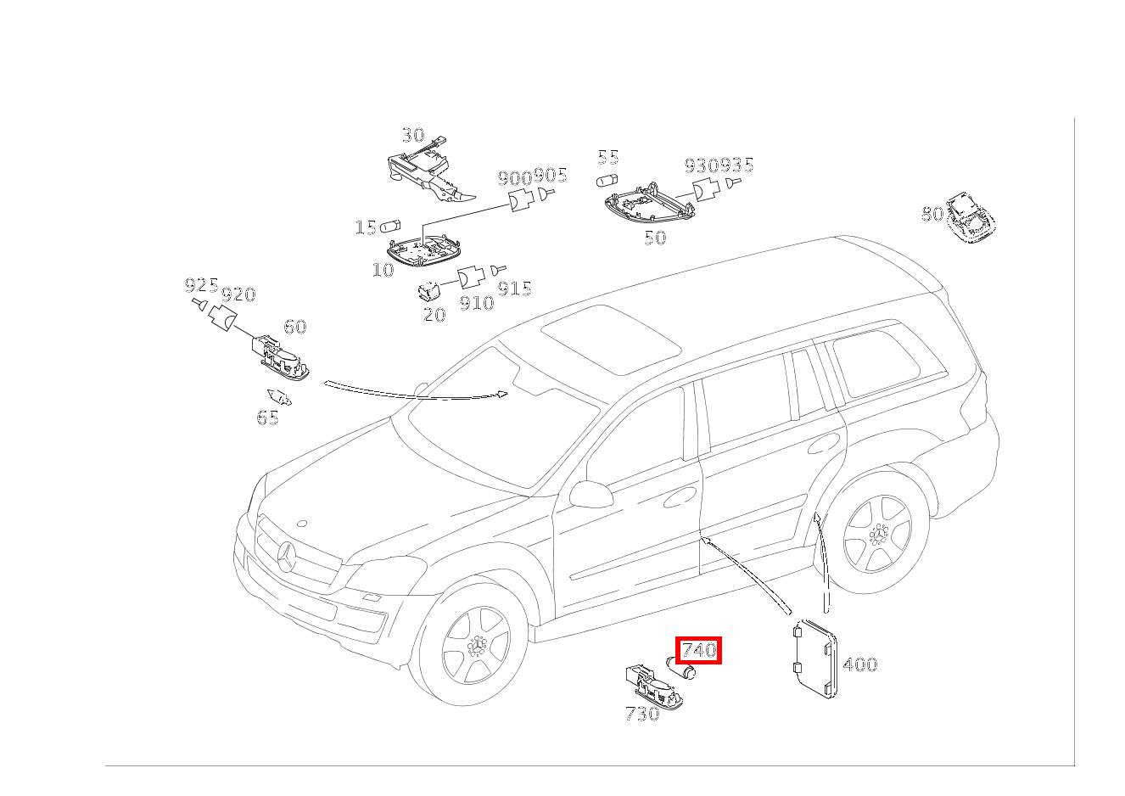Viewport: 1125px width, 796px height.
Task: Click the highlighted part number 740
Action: click(x=698, y=651)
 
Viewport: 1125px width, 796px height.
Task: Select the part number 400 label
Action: click(x=859, y=664)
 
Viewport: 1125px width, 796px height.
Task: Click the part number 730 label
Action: click(x=641, y=715)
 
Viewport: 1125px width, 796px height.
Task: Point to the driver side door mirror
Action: click(x=590, y=494)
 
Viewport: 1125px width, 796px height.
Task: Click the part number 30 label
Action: click(x=412, y=135)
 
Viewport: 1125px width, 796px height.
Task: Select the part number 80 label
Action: click(x=932, y=214)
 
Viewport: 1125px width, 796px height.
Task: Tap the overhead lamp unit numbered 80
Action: click(x=970, y=216)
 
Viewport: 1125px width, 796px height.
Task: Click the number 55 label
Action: click(x=607, y=157)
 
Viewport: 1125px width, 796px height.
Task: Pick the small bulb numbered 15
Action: click(x=390, y=227)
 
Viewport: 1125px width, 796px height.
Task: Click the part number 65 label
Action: click(x=267, y=418)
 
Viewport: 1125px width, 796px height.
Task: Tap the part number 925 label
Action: click(x=201, y=285)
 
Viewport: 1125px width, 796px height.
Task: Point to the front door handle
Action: click(x=678, y=501)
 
